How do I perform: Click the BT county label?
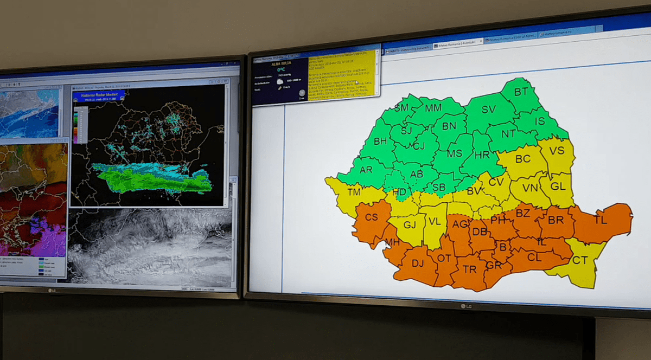[x=521, y=92]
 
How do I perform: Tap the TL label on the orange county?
[x=601, y=220]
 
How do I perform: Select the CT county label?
[x=579, y=260]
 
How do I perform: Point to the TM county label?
[x=354, y=192]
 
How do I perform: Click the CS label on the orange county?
[x=371, y=217]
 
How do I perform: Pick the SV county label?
[x=488, y=110]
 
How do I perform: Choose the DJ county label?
[x=417, y=263]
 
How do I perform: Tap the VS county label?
[x=557, y=151]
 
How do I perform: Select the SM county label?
[x=401, y=107]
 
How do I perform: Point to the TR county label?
[x=470, y=269]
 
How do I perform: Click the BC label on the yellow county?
[x=522, y=159]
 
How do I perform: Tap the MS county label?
[x=454, y=153]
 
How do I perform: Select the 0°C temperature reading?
[x=281, y=70]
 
